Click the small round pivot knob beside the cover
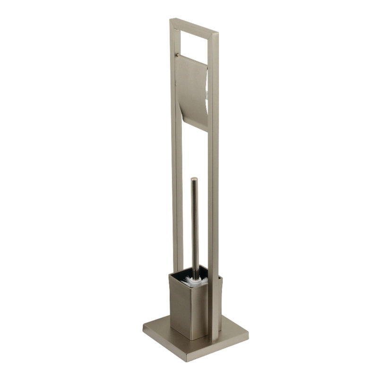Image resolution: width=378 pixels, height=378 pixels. pos(177,54)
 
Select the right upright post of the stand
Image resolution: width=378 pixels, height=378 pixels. pos(214,189)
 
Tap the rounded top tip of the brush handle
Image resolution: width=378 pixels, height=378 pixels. pos(194,180)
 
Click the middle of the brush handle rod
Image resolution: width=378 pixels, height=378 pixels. pos(195,227)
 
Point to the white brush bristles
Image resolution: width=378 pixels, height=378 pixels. pos(198,282)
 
